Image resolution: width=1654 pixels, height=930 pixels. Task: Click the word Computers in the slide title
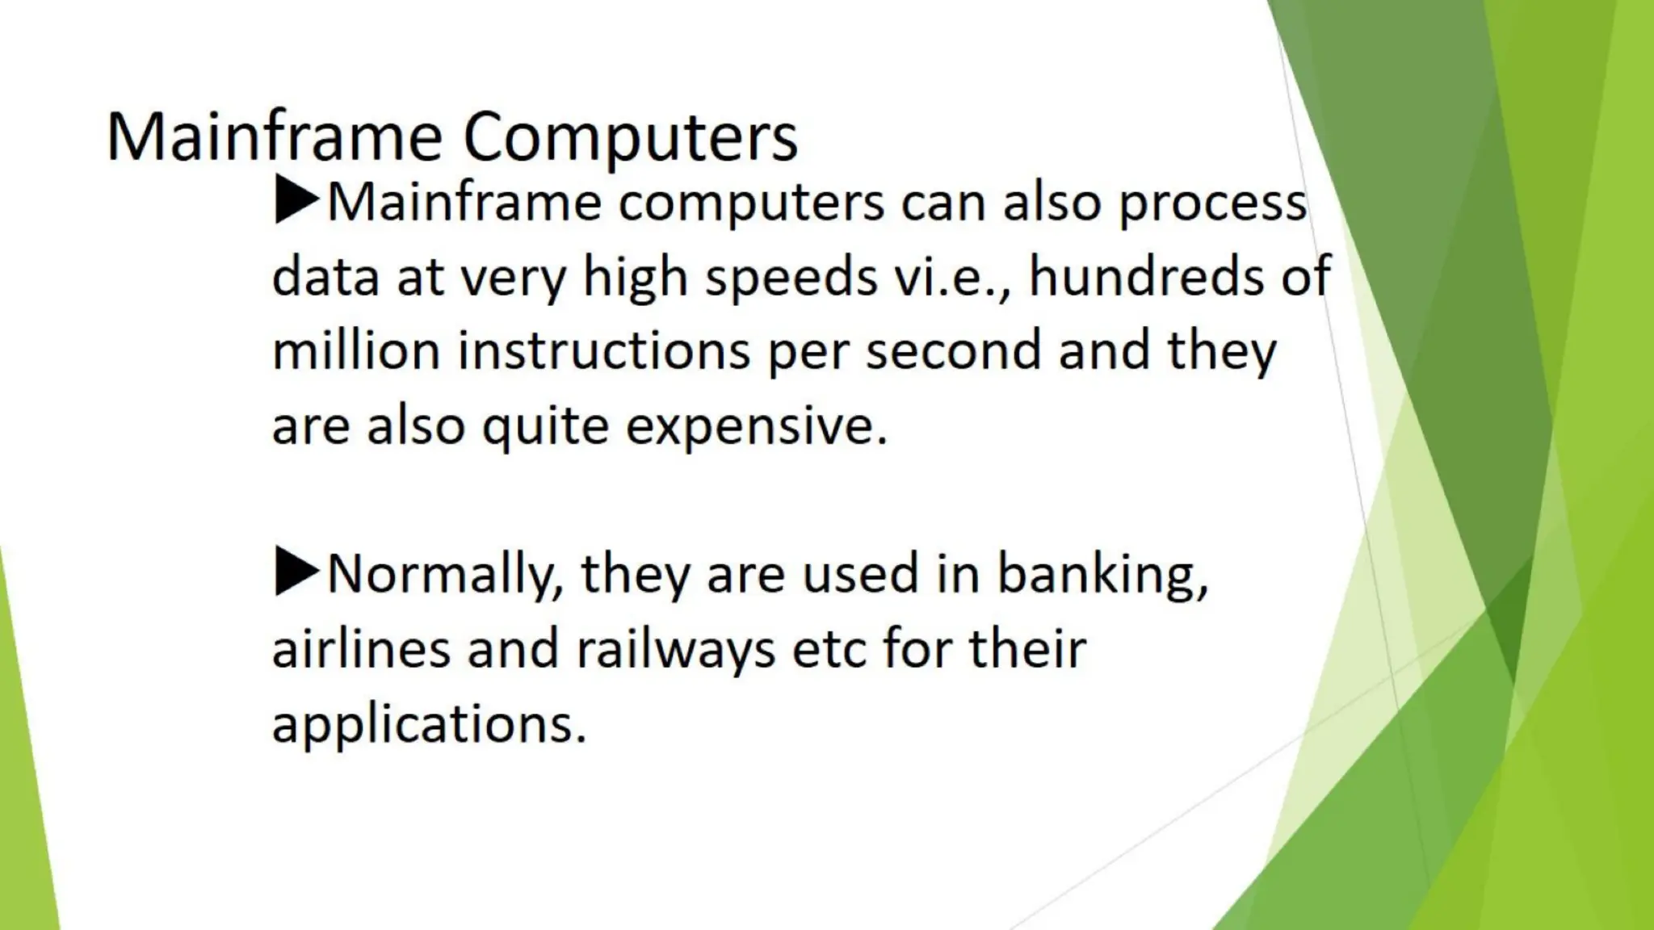(x=630, y=137)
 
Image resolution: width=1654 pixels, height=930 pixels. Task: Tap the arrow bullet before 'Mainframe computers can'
(x=296, y=201)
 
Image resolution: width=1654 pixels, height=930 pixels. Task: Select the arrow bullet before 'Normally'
(x=296, y=572)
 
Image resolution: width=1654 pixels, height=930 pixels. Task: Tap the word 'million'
(x=355, y=351)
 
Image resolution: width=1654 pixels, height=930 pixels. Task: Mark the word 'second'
(x=953, y=351)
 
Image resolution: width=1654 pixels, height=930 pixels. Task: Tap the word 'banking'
(x=1102, y=575)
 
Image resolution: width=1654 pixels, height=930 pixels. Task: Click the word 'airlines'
(x=360, y=648)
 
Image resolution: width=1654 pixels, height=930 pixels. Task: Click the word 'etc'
(x=829, y=648)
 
